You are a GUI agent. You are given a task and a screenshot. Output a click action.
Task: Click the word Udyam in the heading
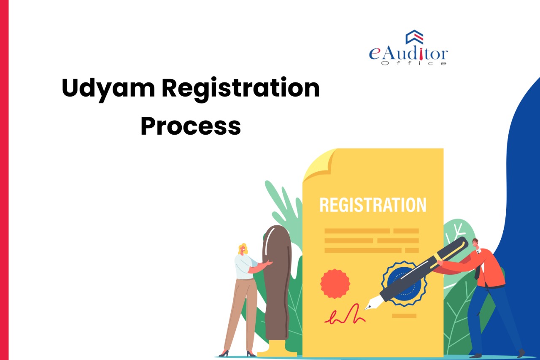click(108, 89)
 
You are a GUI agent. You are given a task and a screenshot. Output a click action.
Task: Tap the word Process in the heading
click(191, 126)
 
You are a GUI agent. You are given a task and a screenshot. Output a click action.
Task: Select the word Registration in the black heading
click(240, 89)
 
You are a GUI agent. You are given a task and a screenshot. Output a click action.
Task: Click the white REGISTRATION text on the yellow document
click(373, 205)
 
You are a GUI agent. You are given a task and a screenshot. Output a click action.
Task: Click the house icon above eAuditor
click(414, 37)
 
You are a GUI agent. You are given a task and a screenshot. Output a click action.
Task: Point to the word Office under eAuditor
click(414, 63)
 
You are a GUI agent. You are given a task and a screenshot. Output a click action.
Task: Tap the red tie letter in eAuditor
click(421, 54)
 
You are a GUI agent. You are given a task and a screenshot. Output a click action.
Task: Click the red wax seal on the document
click(335, 284)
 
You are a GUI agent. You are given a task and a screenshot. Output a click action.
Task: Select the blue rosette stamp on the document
click(404, 284)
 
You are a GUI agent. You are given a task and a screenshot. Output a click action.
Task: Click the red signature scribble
click(345, 314)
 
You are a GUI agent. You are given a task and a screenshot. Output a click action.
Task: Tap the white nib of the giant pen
click(374, 303)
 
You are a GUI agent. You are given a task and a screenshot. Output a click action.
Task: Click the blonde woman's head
click(243, 249)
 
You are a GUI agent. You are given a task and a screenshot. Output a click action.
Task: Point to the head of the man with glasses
click(475, 244)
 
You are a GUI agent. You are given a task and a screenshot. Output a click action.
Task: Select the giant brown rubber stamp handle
click(277, 282)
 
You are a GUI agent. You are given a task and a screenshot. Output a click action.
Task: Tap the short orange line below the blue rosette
click(404, 316)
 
